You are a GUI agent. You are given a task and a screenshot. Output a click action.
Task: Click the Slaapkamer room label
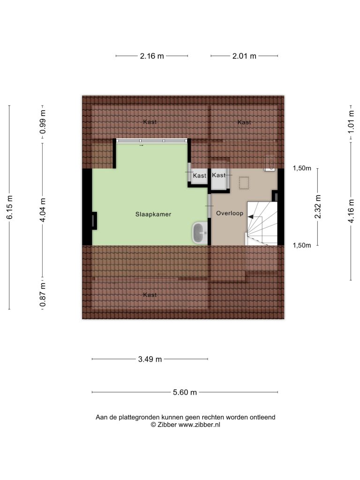(153, 214)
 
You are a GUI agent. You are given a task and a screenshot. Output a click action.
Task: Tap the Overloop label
(230, 213)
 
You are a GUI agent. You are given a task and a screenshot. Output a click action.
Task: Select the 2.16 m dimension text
(152, 56)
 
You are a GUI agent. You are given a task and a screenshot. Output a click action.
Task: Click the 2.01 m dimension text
(244, 56)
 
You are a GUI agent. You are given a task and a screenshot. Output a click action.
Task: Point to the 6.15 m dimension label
(9, 207)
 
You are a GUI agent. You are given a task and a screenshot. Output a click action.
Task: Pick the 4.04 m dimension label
(43, 210)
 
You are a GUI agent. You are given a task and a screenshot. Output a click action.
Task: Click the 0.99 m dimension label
(43, 122)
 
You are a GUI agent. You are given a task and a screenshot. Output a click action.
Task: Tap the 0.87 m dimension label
(43, 294)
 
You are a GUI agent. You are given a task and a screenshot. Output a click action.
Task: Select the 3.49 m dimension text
(150, 359)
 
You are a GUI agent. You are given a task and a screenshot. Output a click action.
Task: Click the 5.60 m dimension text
(185, 392)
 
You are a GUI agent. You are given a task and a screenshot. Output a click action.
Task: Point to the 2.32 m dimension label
(318, 207)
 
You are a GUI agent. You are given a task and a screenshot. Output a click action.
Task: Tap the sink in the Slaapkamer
(200, 233)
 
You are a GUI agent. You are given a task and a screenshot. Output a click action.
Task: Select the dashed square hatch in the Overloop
(244, 183)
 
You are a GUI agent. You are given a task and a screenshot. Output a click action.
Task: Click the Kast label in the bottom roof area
(150, 295)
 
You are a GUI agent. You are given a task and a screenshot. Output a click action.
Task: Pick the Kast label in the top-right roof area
(244, 122)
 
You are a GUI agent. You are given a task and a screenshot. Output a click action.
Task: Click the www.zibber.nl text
(199, 425)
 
